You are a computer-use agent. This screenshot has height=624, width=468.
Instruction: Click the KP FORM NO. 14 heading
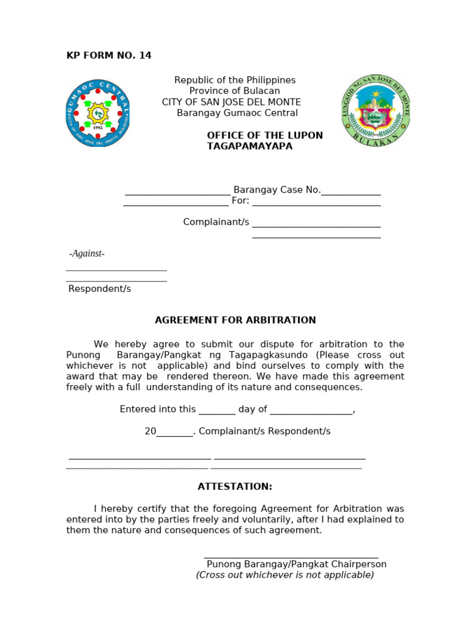pyautogui.click(x=108, y=56)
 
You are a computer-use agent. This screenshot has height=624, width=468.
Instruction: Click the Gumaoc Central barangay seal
pyautogui.click(x=97, y=113)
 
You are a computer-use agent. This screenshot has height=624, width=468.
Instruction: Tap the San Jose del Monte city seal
pyautogui.click(x=376, y=110)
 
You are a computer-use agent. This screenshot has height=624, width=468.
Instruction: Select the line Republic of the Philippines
pyautogui.click(x=235, y=80)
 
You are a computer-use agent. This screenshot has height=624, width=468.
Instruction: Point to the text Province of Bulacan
pyautogui.click(x=235, y=91)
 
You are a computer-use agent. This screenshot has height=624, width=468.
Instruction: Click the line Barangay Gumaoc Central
pyautogui.click(x=237, y=113)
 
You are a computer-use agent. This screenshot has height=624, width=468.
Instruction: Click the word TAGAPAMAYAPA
pyautogui.click(x=250, y=146)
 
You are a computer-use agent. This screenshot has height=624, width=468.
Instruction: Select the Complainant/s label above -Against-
pyautogui.click(x=216, y=222)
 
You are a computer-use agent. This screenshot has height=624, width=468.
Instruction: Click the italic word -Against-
pyautogui.click(x=87, y=253)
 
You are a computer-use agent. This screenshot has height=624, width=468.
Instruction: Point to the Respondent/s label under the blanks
pyautogui.click(x=99, y=289)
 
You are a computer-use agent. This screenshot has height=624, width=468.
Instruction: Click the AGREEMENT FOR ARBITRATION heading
pyautogui.click(x=235, y=321)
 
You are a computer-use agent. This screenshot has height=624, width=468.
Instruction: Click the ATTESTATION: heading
pyautogui.click(x=235, y=487)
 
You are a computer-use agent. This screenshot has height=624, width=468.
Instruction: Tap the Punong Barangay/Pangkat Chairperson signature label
pyautogui.click(x=296, y=564)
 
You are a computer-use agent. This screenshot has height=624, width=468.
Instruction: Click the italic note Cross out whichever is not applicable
pyautogui.click(x=285, y=575)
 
